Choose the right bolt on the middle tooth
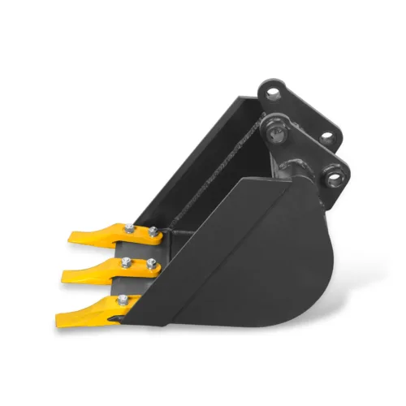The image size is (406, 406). pos(151,262)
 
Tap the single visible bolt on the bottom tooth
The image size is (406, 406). pos(121,301)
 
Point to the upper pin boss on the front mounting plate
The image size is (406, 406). pos(277,127)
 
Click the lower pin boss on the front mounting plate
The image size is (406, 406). pos(335,171)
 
